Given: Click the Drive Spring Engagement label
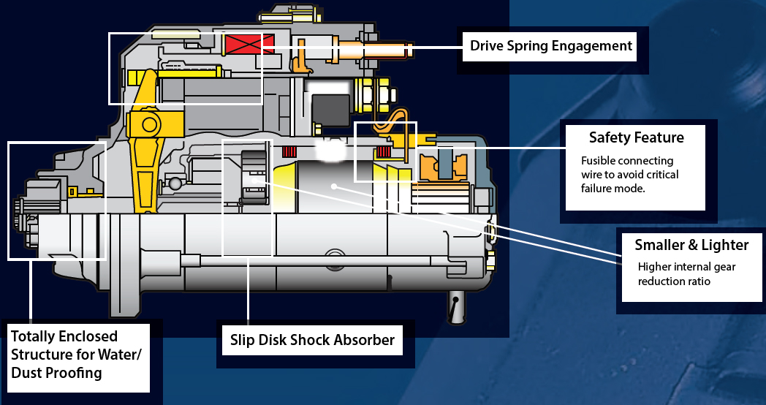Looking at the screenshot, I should pyautogui.click(x=550, y=46).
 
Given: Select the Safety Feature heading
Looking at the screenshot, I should pyautogui.click(x=636, y=137).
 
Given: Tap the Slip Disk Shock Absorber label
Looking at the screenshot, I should pyautogui.click(x=312, y=340).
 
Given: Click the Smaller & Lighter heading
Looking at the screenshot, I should pyautogui.click(x=691, y=245).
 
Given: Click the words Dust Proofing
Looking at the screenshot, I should pyautogui.click(x=56, y=373).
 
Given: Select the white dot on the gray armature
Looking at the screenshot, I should pyautogui.click(x=333, y=186).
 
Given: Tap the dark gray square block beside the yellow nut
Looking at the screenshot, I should pyautogui.click(x=331, y=111).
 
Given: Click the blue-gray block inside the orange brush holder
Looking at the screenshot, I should pyautogui.click(x=445, y=164).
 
